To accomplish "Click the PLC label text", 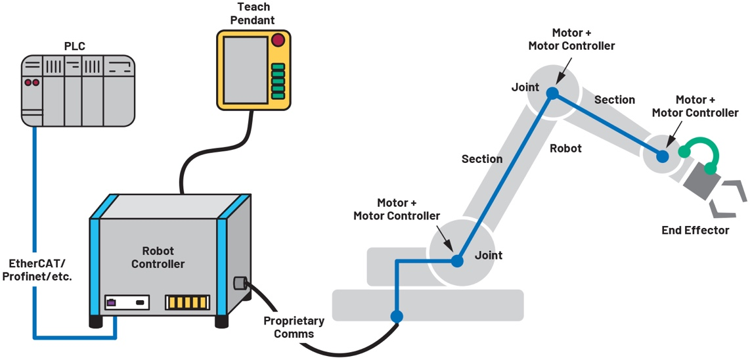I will (x=74, y=46).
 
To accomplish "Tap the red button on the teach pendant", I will (x=278, y=40).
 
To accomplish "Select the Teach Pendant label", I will (x=252, y=14).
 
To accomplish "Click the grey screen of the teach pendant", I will (x=246, y=68).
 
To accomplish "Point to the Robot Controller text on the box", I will (x=158, y=258).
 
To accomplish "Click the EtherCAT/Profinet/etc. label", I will (x=37, y=269).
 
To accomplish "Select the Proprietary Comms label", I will (x=294, y=327).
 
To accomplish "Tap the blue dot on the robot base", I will (x=396, y=317).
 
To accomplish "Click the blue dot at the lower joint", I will (x=457, y=261).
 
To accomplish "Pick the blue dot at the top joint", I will (x=552, y=93).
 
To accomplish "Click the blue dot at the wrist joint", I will (x=662, y=156).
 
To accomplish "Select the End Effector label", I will (x=695, y=230).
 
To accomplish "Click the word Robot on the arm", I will (x=565, y=148).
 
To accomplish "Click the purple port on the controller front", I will (x=112, y=302).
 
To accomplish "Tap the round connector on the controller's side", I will (x=239, y=284).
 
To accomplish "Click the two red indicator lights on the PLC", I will (x=32, y=83).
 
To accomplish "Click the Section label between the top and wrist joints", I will (x=614, y=100).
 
